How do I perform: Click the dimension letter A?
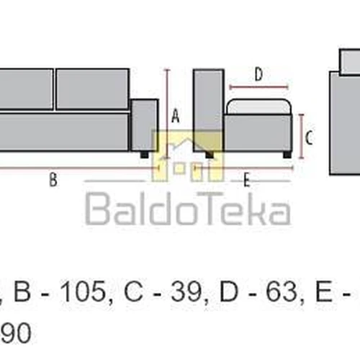point(176,116)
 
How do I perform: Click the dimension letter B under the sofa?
point(53,179)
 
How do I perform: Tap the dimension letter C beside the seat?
point(309,138)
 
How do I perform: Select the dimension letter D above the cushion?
point(258,74)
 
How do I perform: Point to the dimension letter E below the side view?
point(247,180)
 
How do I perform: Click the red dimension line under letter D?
point(258,87)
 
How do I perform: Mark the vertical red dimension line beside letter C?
point(302,136)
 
